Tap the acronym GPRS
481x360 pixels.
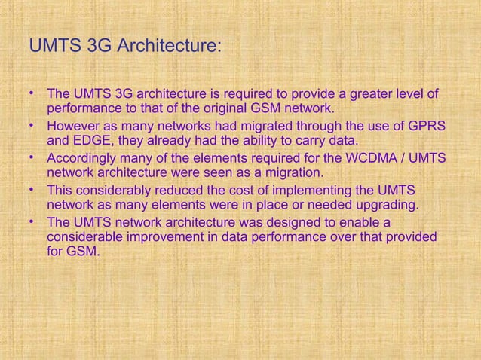(x=425, y=126)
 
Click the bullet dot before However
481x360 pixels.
(x=32, y=124)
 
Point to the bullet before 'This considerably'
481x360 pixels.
(x=32, y=189)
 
